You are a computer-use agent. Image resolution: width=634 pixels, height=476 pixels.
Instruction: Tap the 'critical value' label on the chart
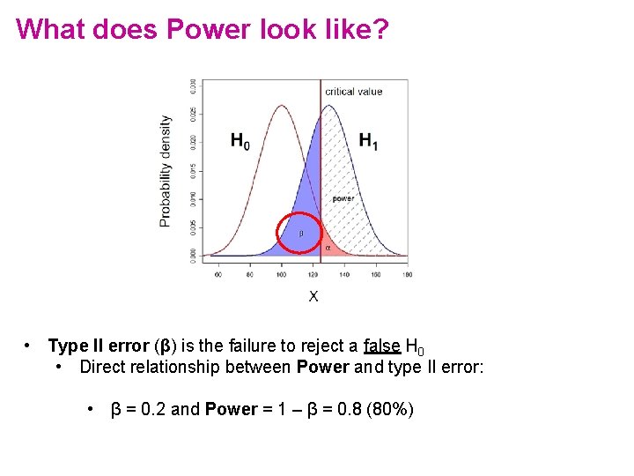[353, 92]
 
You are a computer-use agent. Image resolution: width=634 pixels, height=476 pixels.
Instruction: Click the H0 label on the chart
[240, 141]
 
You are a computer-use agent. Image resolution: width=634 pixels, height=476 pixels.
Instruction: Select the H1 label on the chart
[368, 141]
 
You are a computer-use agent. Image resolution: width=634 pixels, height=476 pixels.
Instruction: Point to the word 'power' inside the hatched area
[343, 198]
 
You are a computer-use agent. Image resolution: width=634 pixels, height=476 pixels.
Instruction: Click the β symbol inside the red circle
[300, 234]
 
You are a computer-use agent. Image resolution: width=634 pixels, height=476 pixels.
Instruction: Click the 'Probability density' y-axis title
[166, 170]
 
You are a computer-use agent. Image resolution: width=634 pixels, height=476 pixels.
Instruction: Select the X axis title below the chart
[313, 296]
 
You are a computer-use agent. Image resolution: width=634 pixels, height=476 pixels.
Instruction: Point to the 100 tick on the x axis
[281, 275]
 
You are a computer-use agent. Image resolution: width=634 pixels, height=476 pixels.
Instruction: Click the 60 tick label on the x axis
[218, 275]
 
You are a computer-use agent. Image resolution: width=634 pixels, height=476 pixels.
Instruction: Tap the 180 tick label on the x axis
[406, 275]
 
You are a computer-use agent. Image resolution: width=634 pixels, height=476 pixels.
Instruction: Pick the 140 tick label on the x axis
[343, 275]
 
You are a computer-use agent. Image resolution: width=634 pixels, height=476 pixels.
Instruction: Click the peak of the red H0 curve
[281, 107]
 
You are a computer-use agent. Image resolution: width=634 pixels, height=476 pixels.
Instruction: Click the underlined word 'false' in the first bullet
[381, 346]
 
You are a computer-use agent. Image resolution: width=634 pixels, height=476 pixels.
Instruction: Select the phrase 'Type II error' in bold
[100, 346]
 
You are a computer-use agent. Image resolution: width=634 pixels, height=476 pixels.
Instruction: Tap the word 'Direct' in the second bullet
[102, 367]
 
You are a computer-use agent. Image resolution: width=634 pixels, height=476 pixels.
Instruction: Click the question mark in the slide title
[380, 29]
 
